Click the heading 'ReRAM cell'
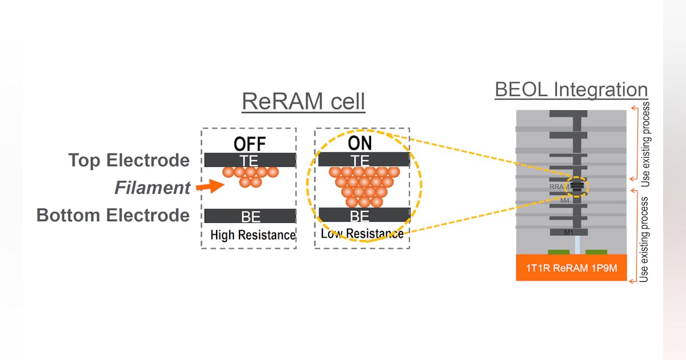303,102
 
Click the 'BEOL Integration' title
571,90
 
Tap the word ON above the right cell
360,143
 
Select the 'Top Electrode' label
129,161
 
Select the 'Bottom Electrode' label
113,215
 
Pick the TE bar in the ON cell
364,160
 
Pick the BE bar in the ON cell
364,215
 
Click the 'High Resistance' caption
252,235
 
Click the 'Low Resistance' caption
362,234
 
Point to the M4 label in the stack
565,201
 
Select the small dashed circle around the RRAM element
577,187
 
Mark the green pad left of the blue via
559,251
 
